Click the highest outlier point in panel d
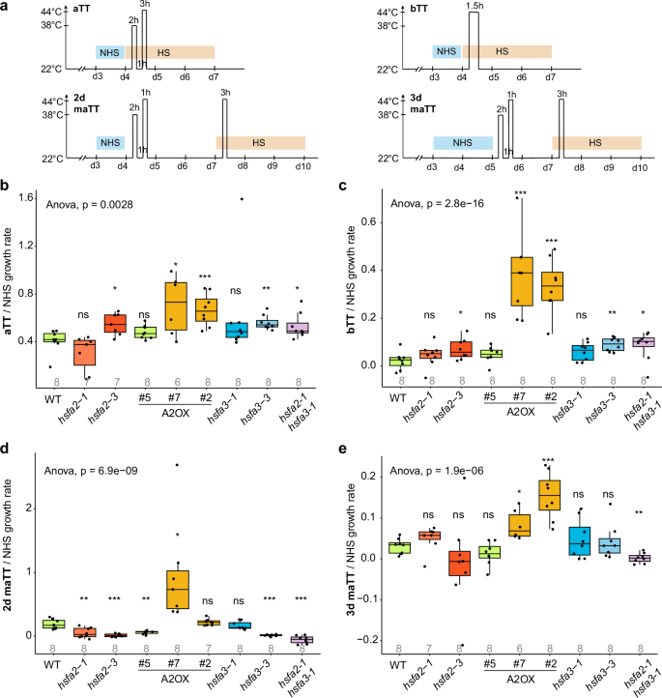coord(178,465)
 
